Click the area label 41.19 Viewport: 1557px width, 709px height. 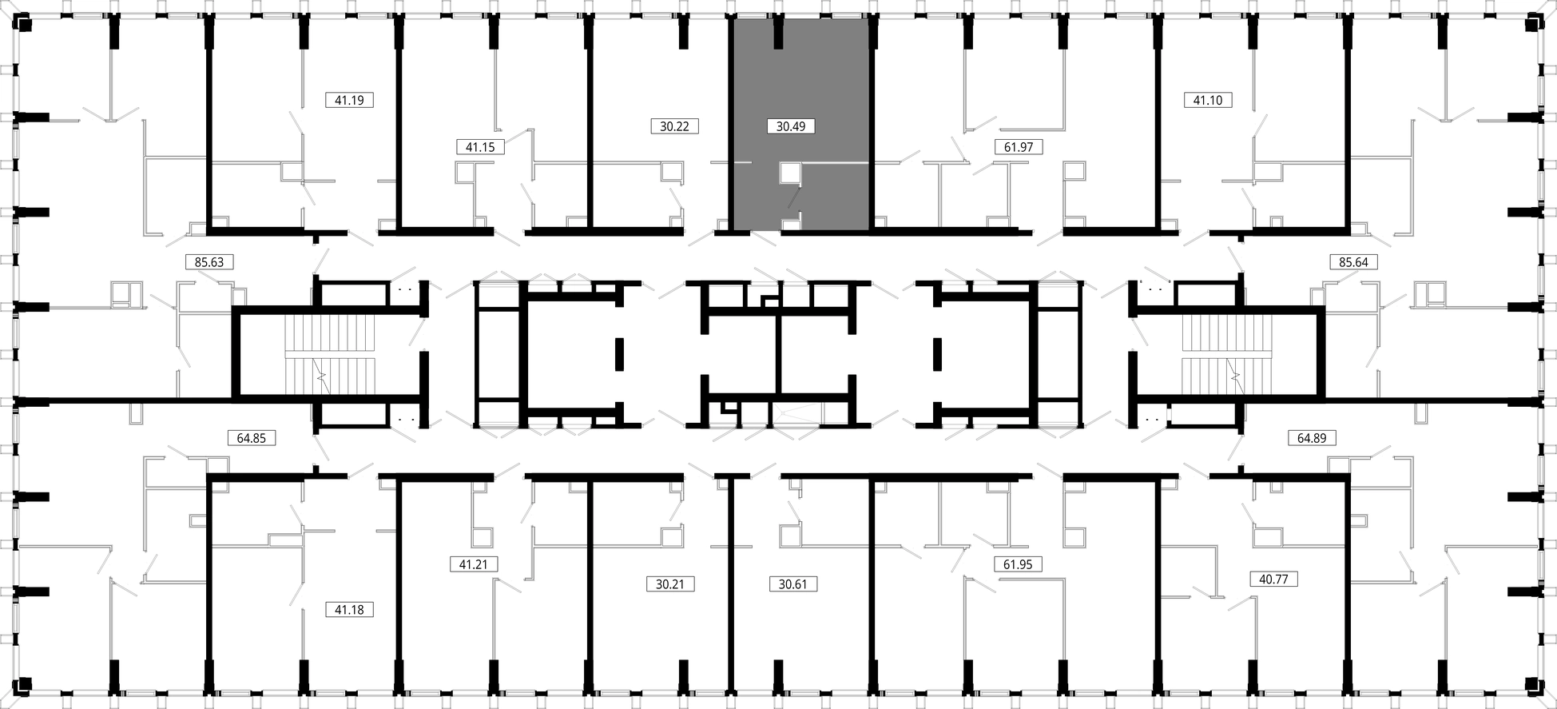[349, 101]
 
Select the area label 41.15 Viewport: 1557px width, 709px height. [480, 147]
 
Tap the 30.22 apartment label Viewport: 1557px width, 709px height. [674, 126]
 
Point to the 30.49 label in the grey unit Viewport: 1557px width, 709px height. [790, 126]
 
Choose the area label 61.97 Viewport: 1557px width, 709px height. [1019, 147]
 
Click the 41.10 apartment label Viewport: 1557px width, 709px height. [1207, 101]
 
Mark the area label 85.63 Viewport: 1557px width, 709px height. [209, 261]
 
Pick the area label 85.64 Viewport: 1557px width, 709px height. [1353, 261]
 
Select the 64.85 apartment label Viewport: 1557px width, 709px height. [251, 438]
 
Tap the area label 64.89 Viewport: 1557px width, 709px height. [1311, 438]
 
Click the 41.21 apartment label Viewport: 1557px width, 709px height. [473, 564]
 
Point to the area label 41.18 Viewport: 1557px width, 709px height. [349, 610]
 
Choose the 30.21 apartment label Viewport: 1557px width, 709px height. [670, 584]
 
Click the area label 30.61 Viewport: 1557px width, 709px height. [792, 584]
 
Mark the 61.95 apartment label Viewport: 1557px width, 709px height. [1018, 564]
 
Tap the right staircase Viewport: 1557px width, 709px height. [1227, 353]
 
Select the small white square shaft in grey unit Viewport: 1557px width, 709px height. [790, 173]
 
